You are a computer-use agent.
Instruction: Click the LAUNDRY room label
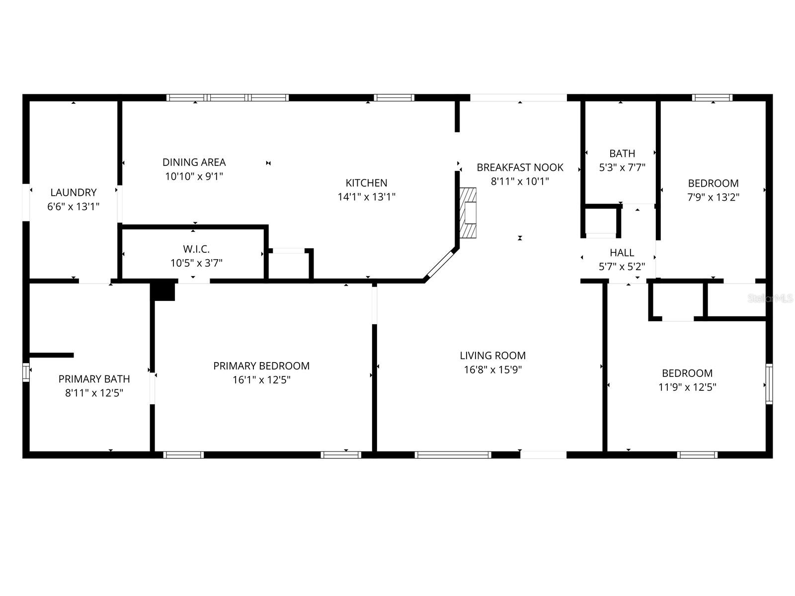pyautogui.click(x=74, y=192)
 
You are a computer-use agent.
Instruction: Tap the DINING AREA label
pyautogui.click(x=194, y=162)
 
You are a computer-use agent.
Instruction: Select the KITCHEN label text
pyautogui.click(x=367, y=183)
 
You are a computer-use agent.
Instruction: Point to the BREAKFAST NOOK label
pyautogui.click(x=520, y=167)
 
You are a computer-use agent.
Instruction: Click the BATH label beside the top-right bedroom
pyautogui.click(x=622, y=153)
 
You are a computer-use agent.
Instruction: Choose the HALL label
pyautogui.click(x=622, y=253)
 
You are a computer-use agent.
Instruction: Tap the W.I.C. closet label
pyautogui.click(x=196, y=249)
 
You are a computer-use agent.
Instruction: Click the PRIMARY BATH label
pyautogui.click(x=94, y=379)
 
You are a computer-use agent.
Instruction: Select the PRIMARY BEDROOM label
pyautogui.click(x=261, y=366)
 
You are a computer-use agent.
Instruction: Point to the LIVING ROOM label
pyautogui.click(x=493, y=355)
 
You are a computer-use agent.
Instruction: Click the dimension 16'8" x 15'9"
pyautogui.click(x=493, y=370)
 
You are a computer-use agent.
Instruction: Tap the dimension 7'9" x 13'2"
pyautogui.click(x=713, y=197)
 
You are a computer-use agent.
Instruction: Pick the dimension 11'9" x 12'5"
pyautogui.click(x=688, y=387)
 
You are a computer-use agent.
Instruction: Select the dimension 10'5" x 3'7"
pyautogui.click(x=196, y=263)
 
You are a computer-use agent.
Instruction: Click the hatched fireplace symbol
pyautogui.click(x=468, y=213)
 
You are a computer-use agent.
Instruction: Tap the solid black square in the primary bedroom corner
pyautogui.click(x=163, y=292)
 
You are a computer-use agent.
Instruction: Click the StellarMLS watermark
pyautogui.click(x=770, y=298)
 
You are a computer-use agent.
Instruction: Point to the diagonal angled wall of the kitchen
pyautogui.click(x=440, y=265)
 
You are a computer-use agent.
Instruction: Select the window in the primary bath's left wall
pyautogui.click(x=26, y=372)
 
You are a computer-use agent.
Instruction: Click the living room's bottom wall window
pyautogui.click(x=453, y=455)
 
